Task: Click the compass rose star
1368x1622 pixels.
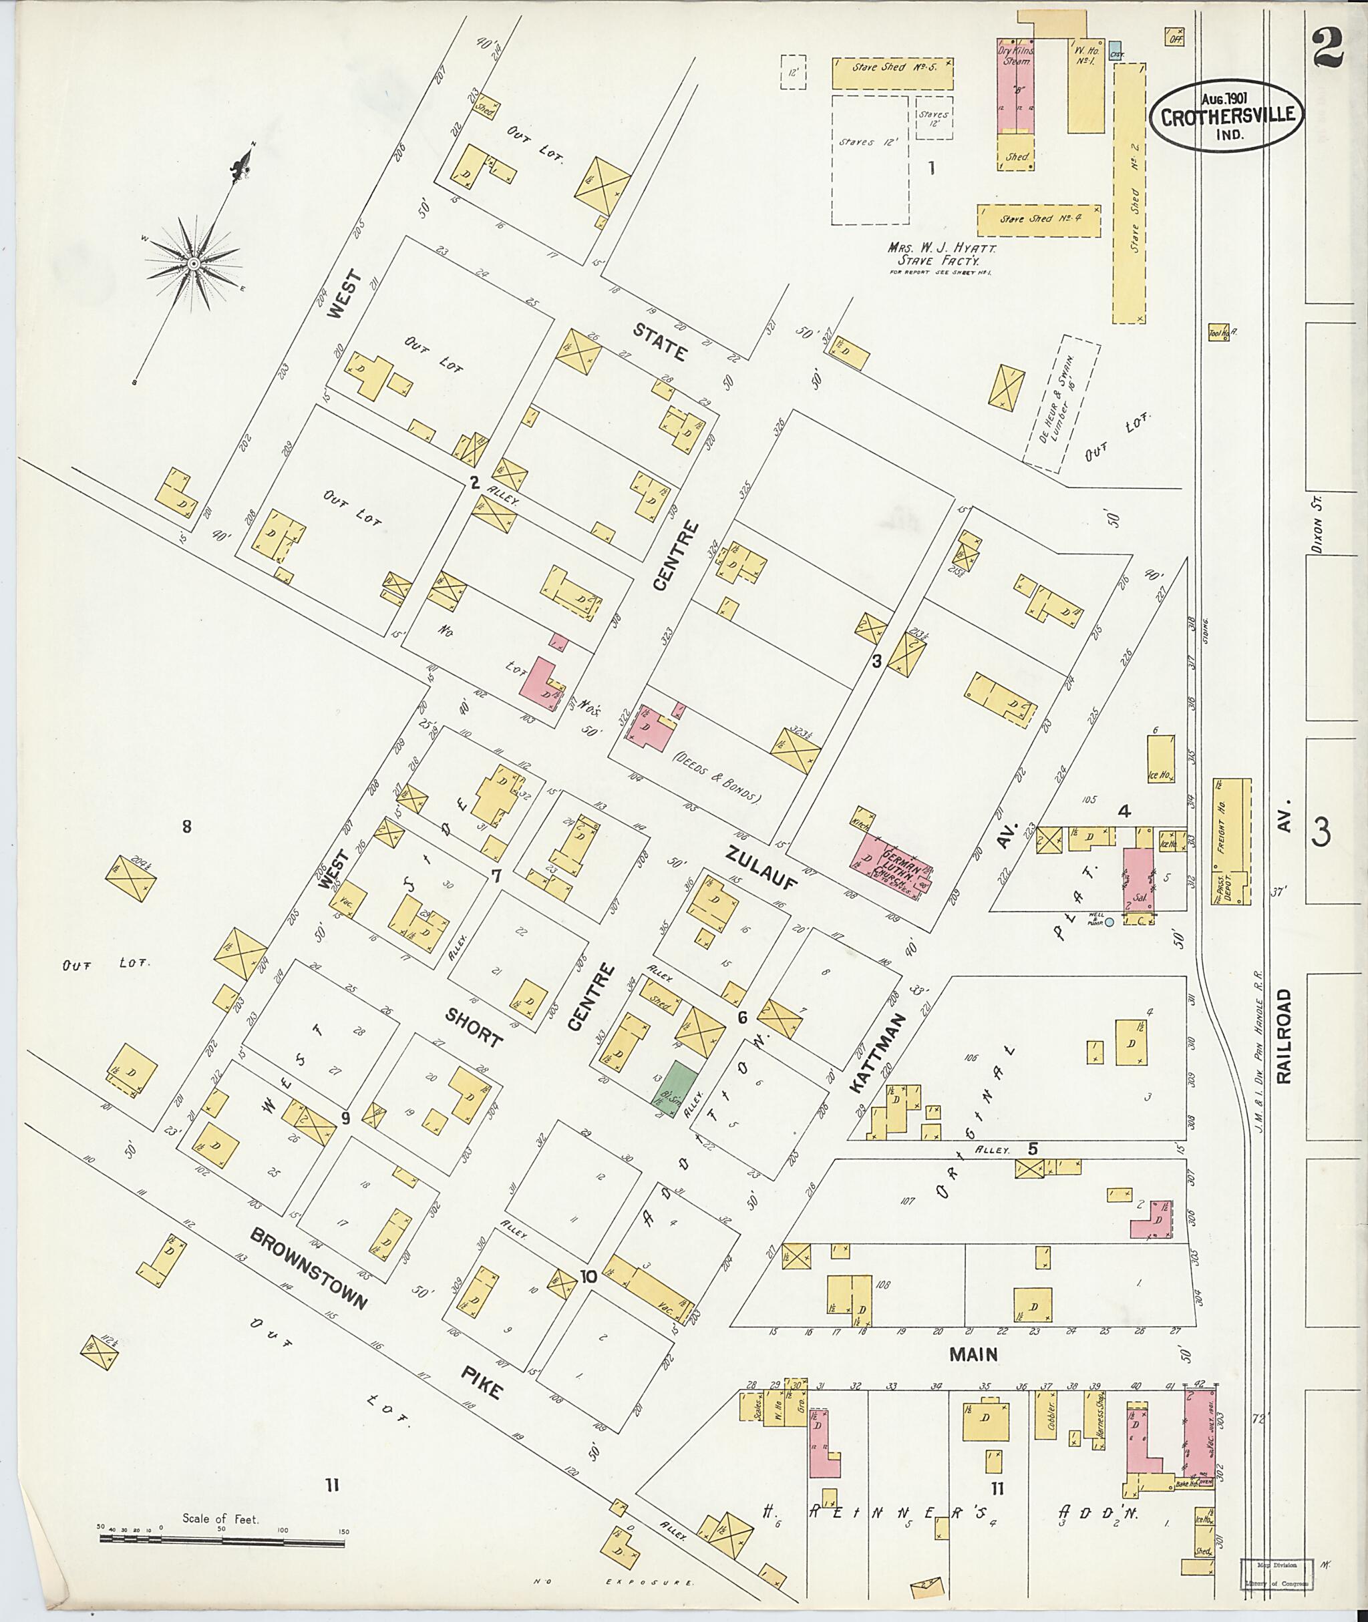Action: [x=193, y=264]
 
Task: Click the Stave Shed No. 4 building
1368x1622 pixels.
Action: [x=1039, y=220]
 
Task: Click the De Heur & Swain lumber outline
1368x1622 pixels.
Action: [x=1061, y=403]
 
